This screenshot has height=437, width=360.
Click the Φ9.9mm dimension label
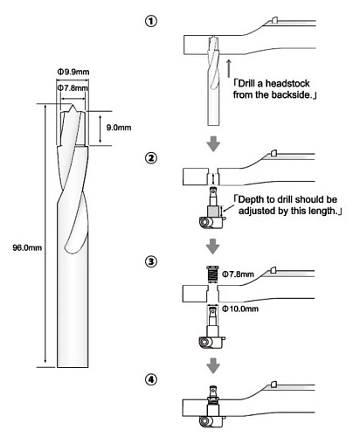coord(73,72)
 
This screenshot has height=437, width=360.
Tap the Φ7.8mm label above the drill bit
coord(73,87)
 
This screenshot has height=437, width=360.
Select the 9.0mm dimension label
coord(119,128)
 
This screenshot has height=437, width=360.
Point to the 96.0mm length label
coord(27,248)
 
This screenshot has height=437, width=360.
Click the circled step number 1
coord(151,21)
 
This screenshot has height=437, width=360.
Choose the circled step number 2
coord(151,158)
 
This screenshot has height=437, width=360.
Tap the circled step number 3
coord(151,261)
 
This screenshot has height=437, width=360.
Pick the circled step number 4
coord(151,379)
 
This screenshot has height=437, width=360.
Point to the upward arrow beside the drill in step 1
coord(229,68)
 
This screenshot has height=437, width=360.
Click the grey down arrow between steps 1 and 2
coord(213,143)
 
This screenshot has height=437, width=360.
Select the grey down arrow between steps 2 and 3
coord(213,246)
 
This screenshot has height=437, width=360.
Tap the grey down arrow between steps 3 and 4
coord(213,365)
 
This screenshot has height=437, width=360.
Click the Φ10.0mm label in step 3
coord(240,309)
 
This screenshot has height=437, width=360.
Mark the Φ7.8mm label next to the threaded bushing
coord(238,274)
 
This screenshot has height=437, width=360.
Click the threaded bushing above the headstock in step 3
coord(212,274)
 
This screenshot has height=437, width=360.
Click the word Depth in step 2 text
coord(250,200)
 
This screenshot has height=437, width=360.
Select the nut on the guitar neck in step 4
coord(273,385)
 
